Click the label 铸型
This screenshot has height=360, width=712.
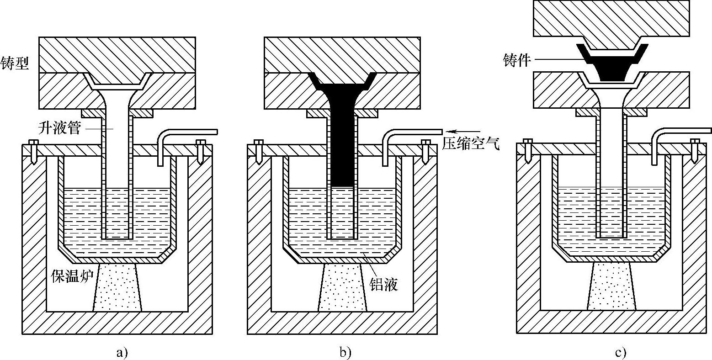click(15, 63)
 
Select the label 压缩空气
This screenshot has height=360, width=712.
click(470, 145)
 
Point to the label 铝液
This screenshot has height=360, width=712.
click(384, 284)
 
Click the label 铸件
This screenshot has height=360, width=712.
click(516, 60)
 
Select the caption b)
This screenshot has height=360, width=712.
click(345, 352)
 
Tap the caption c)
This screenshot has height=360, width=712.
click(620, 352)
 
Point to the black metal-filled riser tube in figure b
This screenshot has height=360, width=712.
click(341, 146)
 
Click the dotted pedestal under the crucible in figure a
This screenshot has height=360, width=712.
click(117, 288)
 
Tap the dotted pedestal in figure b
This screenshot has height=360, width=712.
click(342, 288)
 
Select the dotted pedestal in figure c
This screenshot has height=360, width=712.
click(611, 287)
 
